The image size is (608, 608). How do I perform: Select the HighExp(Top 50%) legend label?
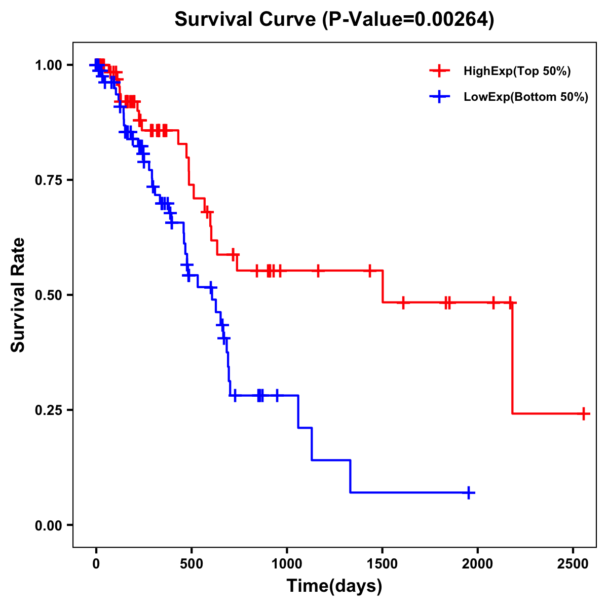[517, 71]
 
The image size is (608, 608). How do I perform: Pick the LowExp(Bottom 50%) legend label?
[526, 97]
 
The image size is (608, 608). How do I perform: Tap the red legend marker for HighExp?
[439, 71]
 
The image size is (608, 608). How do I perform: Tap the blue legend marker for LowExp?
[439, 97]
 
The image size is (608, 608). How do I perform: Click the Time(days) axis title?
[334, 586]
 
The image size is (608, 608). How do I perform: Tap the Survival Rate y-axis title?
[19, 295]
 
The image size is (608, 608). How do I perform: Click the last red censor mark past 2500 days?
[584, 413]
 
